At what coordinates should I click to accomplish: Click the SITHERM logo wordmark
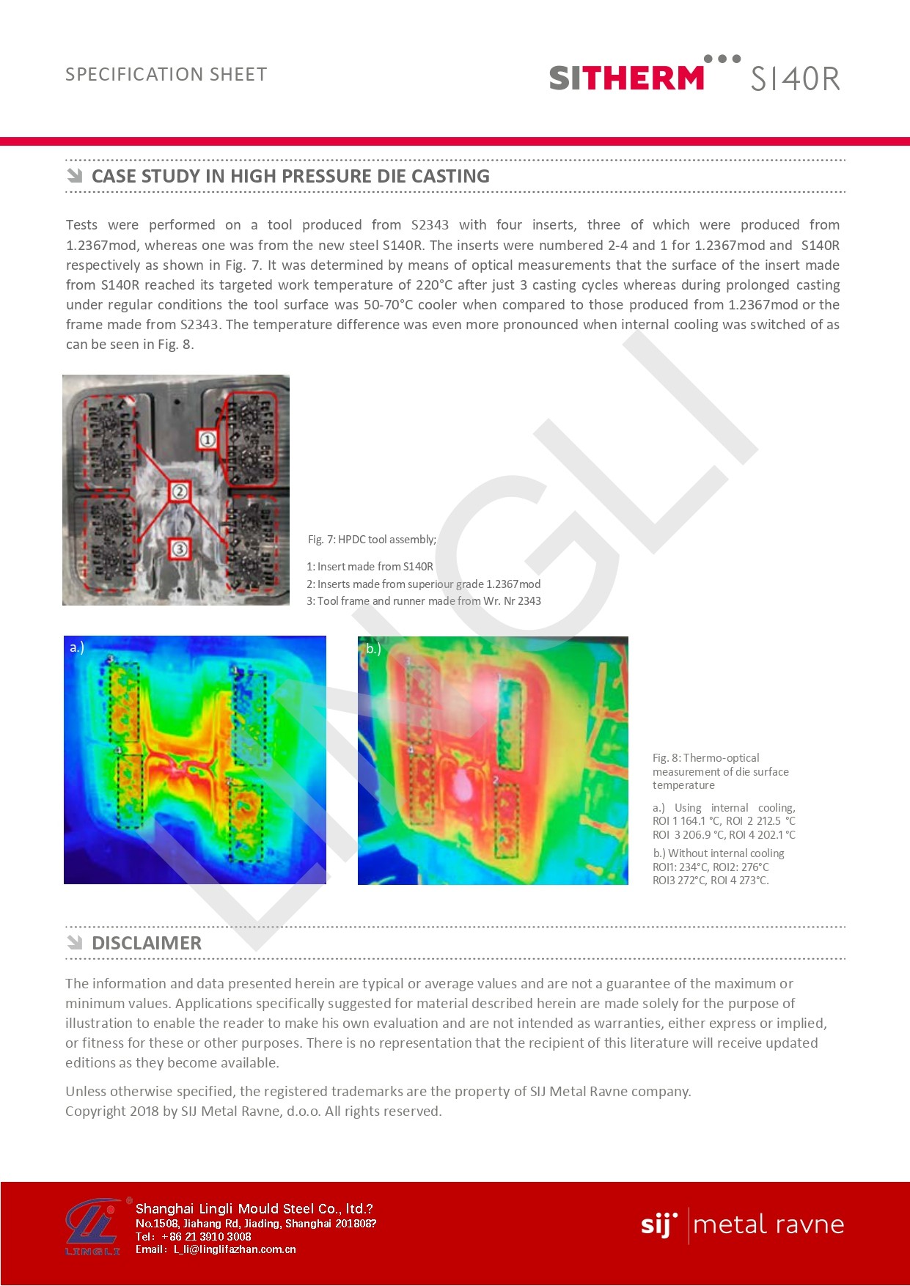[626, 78]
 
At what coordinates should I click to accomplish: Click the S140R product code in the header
[795, 78]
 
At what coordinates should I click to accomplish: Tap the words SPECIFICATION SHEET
[166, 75]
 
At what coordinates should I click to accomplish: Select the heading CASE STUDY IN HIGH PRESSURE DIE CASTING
[290, 176]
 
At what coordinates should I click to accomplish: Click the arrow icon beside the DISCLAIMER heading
[75, 942]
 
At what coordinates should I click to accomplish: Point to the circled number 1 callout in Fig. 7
[208, 439]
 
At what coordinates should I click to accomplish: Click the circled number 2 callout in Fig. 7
[180, 491]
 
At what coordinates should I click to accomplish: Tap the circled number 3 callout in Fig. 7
[180, 548]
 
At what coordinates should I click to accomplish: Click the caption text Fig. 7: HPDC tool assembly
[372, 540]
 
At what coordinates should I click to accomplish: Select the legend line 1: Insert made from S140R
[370, 567]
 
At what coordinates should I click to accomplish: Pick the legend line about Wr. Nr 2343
[423, 601]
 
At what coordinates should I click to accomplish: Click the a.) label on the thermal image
[77, 647]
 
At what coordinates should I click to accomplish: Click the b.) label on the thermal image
[373, 649]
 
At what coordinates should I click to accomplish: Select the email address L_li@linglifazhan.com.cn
[234, 1249]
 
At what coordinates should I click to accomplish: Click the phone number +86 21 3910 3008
[206, 1236]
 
